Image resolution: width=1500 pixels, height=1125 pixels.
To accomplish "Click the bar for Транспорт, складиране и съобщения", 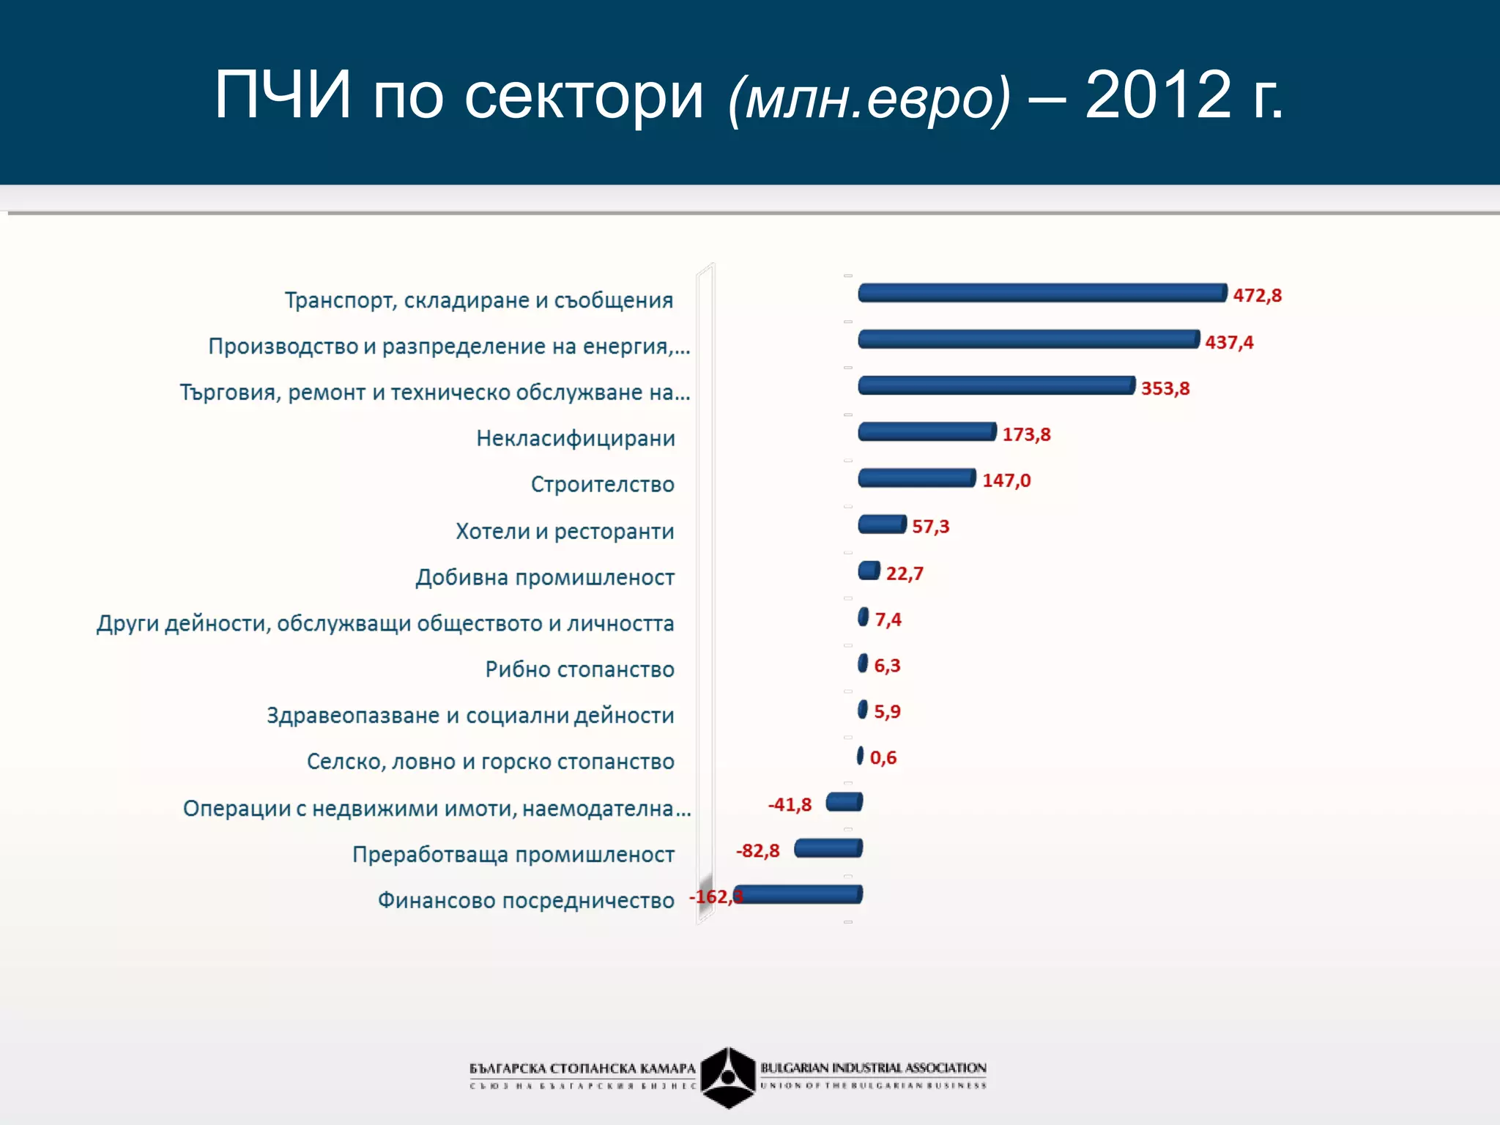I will (x=1042, y=293).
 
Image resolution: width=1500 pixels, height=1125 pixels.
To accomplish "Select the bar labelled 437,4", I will (x=1028, y=339).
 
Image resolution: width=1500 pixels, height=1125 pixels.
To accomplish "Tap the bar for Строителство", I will (x=916, y=478).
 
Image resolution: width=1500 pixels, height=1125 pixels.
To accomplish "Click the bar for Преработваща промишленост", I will (x=828, y=848).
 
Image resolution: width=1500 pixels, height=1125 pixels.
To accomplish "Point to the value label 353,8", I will (x=1165, y=388).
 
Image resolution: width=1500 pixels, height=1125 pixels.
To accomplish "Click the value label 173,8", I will (x=1026, y=434).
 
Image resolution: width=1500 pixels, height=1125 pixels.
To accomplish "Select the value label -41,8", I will (x=790, y=804).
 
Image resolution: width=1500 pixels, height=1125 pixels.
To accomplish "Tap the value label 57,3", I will (x=930, y=527).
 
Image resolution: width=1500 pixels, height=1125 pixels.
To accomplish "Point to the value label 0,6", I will (x=883, y=758).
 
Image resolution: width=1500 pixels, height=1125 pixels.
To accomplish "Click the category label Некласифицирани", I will (x=576, y=439).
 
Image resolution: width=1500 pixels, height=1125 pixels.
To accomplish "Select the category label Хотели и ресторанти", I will (x=565, y=531).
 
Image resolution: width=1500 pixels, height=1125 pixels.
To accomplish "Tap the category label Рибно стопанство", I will (x=579, y=669).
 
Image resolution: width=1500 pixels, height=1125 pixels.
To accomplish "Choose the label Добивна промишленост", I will (x=545, y=577).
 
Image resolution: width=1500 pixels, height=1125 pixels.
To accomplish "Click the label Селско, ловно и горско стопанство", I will (x=490, y=762).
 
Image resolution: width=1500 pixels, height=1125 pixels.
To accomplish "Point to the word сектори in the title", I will (x=584, y=97).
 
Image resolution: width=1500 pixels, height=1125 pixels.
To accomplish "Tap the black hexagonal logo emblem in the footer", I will (x=727, y=1077).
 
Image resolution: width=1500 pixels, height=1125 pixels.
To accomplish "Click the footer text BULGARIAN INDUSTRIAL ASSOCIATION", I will (x=873, y=1068).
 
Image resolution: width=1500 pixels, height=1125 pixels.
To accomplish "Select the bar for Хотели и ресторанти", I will (x=882, y=524).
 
